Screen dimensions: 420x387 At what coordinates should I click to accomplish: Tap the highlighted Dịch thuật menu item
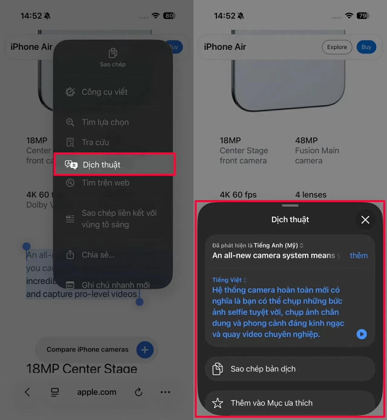(x=114, y=165)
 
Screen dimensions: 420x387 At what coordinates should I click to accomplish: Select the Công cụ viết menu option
(x=104, y=92)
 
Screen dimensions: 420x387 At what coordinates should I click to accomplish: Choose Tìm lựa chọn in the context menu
(x=105, y=122)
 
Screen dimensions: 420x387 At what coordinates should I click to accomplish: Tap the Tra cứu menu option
(x=95, y=142)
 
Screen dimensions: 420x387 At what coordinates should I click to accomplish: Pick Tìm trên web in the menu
(x=105, y=183)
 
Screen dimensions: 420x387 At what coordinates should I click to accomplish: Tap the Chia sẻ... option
(x=98, y=255)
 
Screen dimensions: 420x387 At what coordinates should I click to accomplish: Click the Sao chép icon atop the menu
(x=113, y=53)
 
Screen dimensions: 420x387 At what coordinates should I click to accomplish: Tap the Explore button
(x=337, y=47)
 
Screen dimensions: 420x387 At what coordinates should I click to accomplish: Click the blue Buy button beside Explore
(x=366, y=47)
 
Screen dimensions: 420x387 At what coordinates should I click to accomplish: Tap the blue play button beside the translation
(x=362, y=334)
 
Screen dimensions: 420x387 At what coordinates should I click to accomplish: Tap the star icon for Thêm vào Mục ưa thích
(x=218, y=403)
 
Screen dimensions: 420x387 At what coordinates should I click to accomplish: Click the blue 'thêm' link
(x=359, y=255)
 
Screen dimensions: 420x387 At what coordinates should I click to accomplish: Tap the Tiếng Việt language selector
(x=229, y=280)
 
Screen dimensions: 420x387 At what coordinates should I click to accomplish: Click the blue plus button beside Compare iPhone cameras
(x=145, y=350)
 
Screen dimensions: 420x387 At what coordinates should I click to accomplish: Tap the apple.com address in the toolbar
(x=96, y=392)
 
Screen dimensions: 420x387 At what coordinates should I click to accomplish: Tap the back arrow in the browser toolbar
(x=27, y=392)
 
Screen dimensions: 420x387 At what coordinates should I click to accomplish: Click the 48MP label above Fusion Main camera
(x=306, y=140)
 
